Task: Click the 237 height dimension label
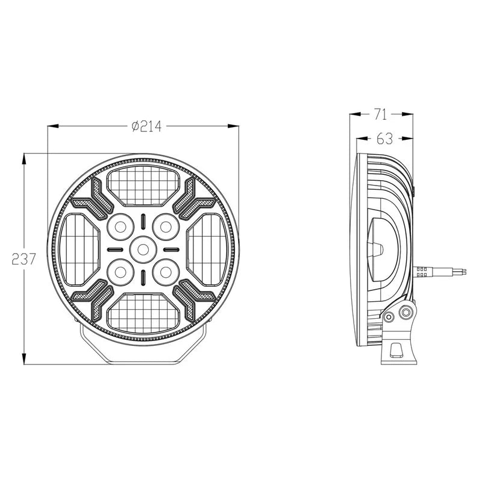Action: (x=23, y=259)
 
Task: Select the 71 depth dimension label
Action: (x=381, y=113)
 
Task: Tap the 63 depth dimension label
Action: (x=384, y=139)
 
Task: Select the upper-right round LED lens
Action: (x=164, y=227)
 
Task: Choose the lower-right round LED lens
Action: (x=164, y=271)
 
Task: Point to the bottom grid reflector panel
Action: (x=143, y=311)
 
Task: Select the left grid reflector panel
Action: (x=80, y=248)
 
